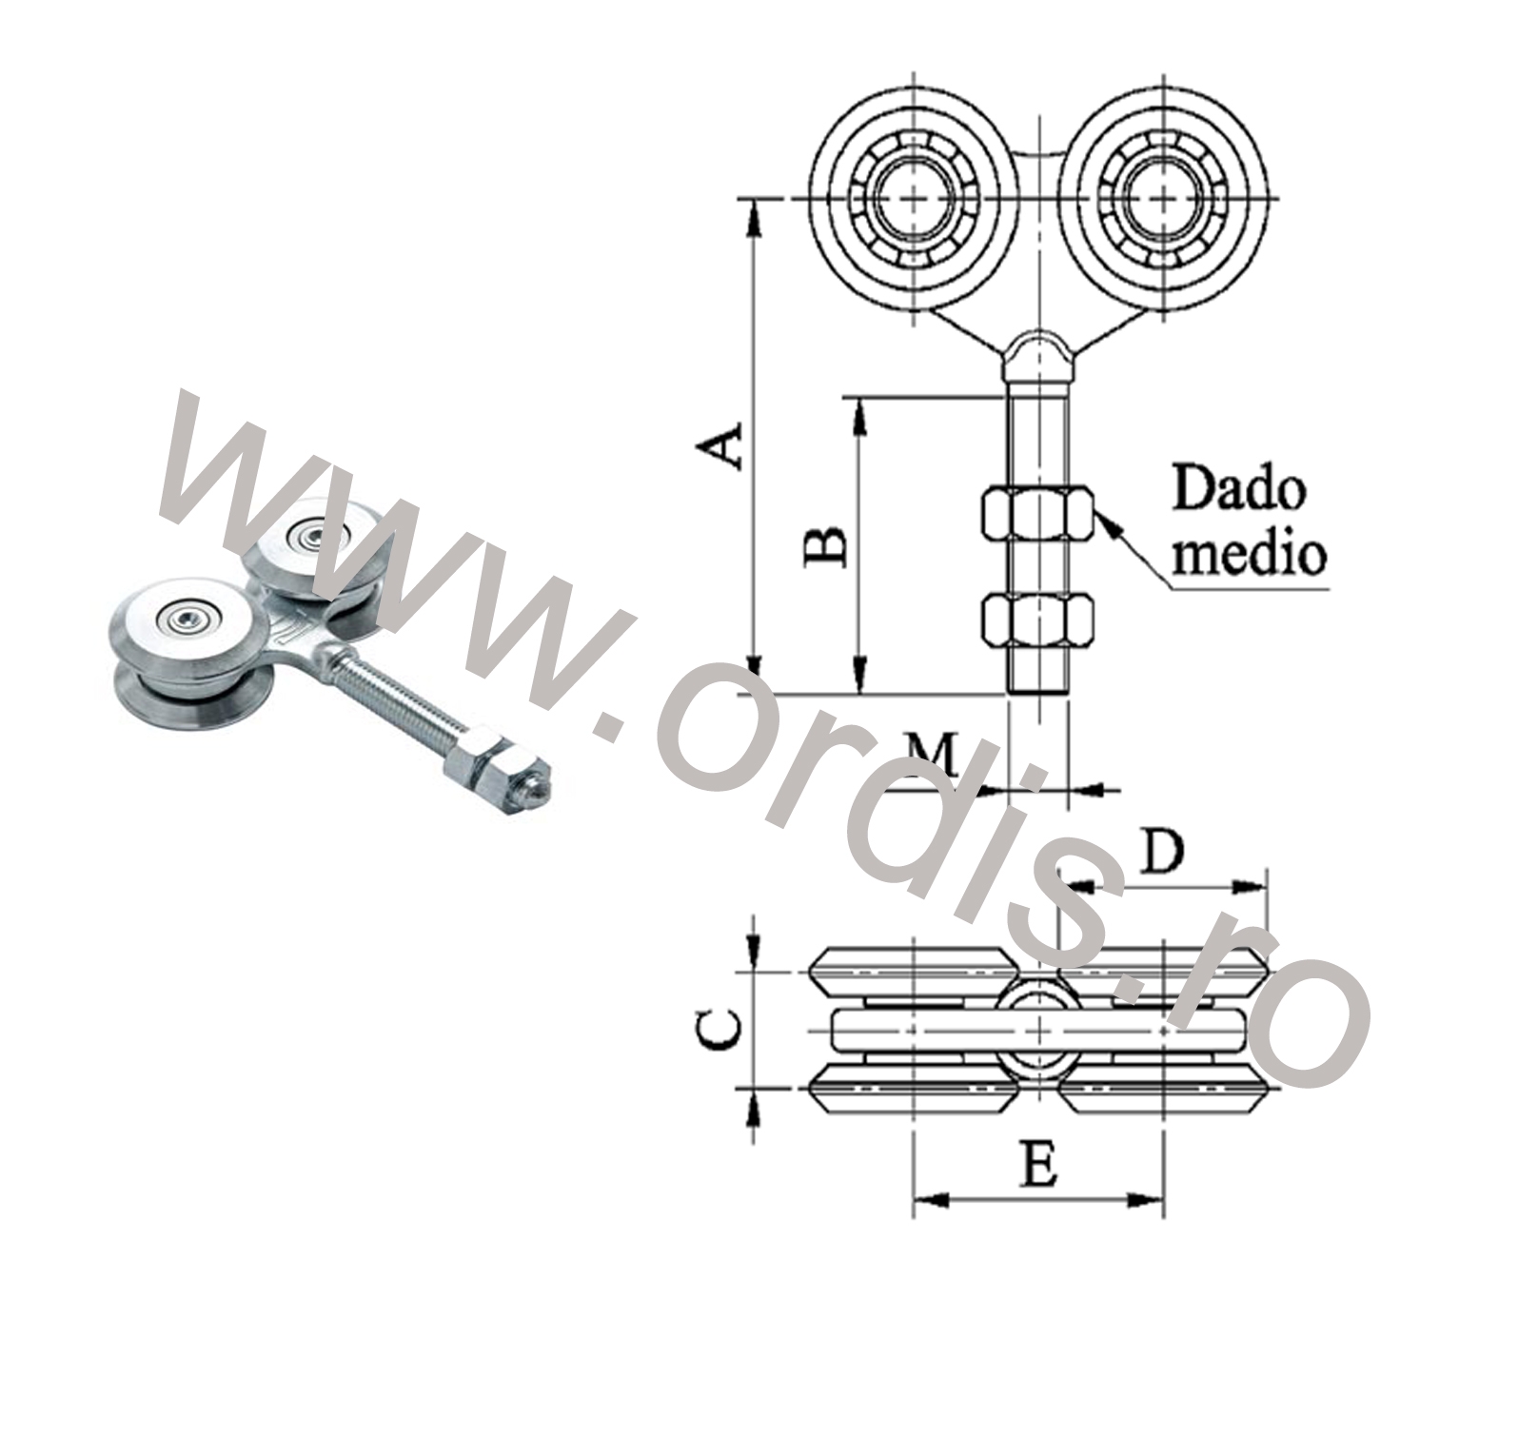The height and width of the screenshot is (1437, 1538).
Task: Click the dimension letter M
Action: tap(931, 755)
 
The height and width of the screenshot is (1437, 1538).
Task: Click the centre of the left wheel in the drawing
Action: tap(914, 199)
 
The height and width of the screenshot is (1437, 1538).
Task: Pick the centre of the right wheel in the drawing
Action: tap(1163, 199)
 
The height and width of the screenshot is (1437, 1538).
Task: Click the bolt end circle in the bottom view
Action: tap(1038, 1029)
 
